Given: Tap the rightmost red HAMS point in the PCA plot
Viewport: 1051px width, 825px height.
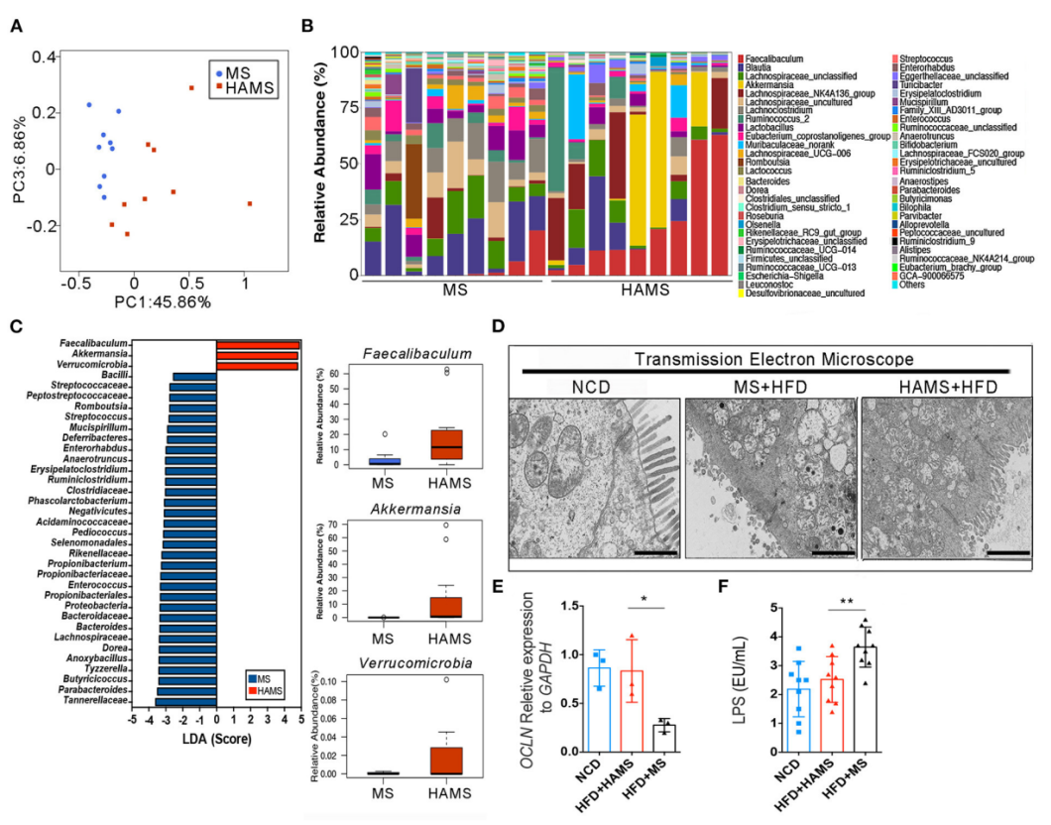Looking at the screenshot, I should [250, 203].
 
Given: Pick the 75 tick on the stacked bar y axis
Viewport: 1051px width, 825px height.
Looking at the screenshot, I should [343, 107].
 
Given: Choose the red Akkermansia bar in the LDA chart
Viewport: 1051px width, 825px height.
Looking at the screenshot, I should [258, 355].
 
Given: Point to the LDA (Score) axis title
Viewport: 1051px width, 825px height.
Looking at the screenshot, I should [216, 739].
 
